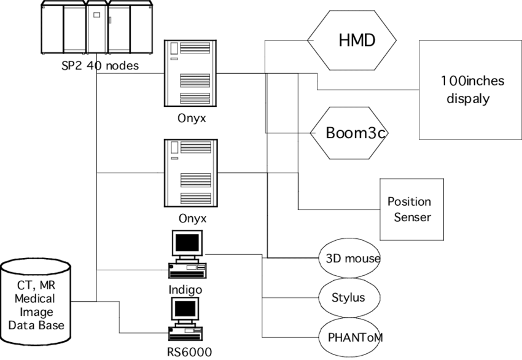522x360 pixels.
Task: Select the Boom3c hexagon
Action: [351, 133]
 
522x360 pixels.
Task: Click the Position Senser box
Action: [411, 209]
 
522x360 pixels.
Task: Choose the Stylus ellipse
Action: [348, 297]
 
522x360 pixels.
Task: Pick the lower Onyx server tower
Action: [191, 173]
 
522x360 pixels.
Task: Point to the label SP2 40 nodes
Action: [99, 66]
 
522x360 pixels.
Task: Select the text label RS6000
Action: [189, 352]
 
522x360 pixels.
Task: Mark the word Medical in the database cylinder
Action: [34, 299]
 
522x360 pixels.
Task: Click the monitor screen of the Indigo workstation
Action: [186, 245]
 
